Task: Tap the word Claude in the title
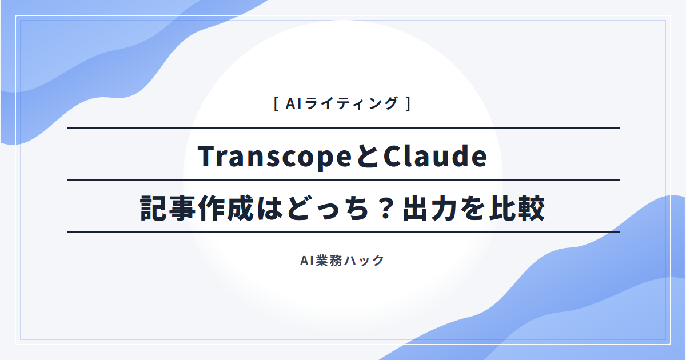pyautogui.click(x=435, y=156)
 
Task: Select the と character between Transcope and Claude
pyautogui.click(x=367, y=157)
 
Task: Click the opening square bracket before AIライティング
pyautogui.click(x=276, y=104)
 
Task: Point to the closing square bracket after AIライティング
pyautogui.click(x=408, y=104)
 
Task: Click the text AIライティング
pyautogui.click(x=342, y=103)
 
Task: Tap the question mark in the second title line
pyautogui.click(x=385, y=209)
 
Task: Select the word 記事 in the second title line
pyautogui.click(x=169, y=209)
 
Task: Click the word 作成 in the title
pyautogui.click(x=226, y=209)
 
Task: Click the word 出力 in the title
pyautogui.click(x=430, y=209)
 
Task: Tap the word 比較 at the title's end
pyautogui.click(x=517, y=209)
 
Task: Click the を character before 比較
pyautogui.click(x=474, y=209)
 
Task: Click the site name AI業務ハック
pyautogui.click(x=342, y=261)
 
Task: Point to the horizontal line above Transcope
pyautogui.click(x=343, y=128)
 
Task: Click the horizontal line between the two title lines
pyautogui.click(x=343, y=181)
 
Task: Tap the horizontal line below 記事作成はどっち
pyautogui.click(x=343, y=233)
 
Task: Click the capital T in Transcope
pyautogui.click(x=208, y=156)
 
